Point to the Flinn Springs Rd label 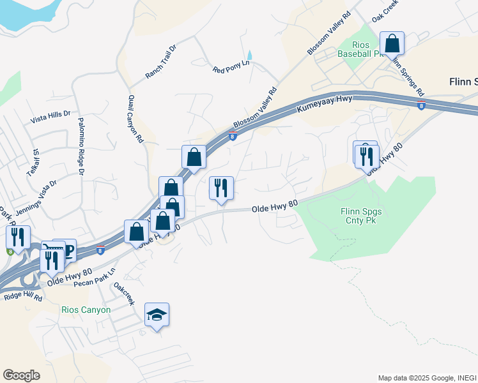[x=410, y=77]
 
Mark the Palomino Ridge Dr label [x=81, y=147]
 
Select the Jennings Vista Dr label [x=36, y=190]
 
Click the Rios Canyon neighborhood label [x=86, y=310]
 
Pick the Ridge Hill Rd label [x=22, y=297]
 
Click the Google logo [x=21, y=375]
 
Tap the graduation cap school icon [x=157, y=314]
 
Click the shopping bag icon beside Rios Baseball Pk [x=392, y=43]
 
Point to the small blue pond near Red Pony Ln [x=249, y=56]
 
